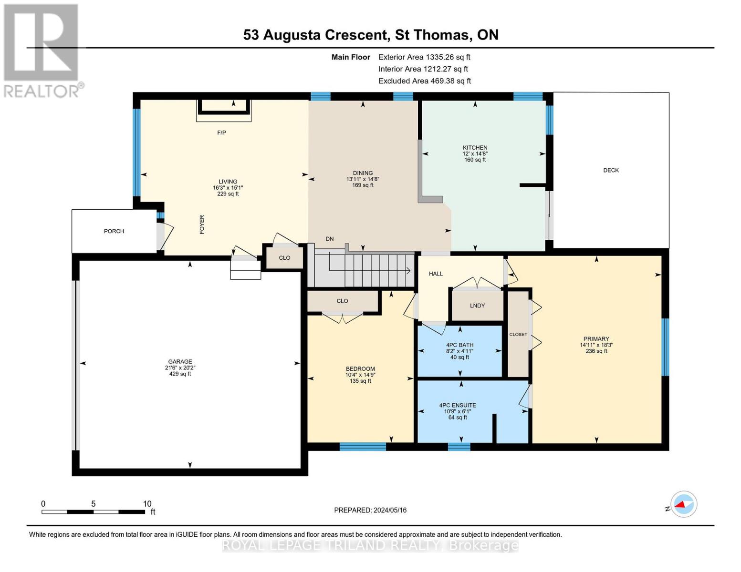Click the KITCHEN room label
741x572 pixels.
click(x=475, y=147)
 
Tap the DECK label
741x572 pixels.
click(x=611, y=170)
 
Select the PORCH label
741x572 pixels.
click(x=114, y=231)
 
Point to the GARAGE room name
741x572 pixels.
click(x=180, y=361)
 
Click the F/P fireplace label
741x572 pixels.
click(x=222, y=133)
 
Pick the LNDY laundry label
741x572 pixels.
click(x=477, y=306)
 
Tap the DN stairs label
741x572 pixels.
click(x=329, y=239)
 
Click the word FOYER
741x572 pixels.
click(x=202, y=225)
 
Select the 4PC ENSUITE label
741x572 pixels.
click(x=457, y=406)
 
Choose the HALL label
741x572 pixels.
click(x=436, y=274)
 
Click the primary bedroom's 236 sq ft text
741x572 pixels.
click(x=596, y=351)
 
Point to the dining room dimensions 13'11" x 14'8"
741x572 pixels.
click(x=363, y=179)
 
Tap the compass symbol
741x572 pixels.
click(x=684, y=504)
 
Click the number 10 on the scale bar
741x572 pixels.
click(x=147, y=504)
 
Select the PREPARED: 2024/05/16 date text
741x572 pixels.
click(x=370, y=511)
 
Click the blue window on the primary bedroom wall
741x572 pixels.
click(x=665, y=347)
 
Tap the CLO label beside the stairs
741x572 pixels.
click(x=284, y=258)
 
